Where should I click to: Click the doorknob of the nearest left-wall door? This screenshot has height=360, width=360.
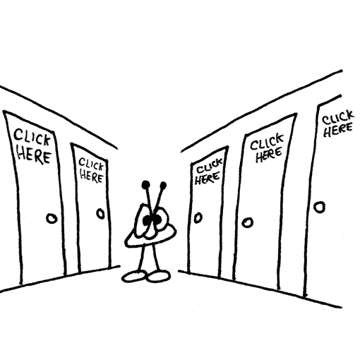(x=52, y=219)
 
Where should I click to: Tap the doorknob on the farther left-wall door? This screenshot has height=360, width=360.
(x=101, y=214)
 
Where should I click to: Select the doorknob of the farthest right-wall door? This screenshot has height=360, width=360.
(x=198, y=217)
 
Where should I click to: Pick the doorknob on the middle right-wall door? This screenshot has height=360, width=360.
(x=248, y=222)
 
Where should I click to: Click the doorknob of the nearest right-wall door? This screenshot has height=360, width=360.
(x=319, y=207)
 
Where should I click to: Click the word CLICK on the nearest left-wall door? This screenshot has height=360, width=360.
(x=32, y=137)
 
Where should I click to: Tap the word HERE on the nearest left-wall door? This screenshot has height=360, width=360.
(x=35, y=155)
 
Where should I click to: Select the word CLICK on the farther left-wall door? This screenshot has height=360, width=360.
(x=91, y=164)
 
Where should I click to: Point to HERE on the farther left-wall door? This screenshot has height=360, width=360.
(x=92, y=176)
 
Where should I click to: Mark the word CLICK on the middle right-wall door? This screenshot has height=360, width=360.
(x=267, y=141)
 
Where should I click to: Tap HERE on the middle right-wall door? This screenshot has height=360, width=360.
(x=268, y=155)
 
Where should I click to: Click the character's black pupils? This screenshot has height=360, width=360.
(x=152, y=220)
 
